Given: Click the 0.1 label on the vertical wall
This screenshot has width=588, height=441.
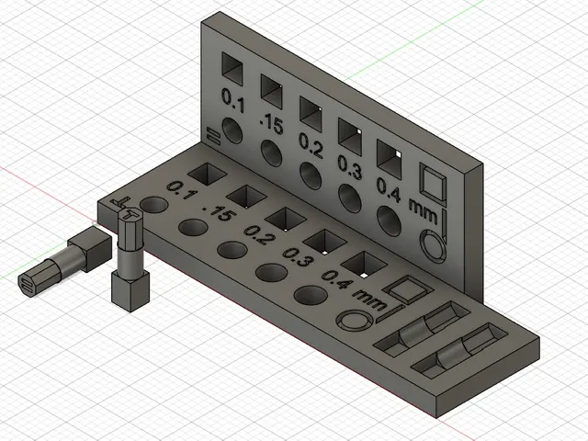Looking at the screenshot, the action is pyautogui.click(x=233, y=100).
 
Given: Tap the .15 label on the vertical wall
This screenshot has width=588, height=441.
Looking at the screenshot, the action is pyautogui.click(x=271, y=123).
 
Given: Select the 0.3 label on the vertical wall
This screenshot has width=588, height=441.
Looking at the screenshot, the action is pyautogui.click(x=349, y=166).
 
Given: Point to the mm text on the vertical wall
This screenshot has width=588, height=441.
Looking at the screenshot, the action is pyautogui.click(x=423, y=211).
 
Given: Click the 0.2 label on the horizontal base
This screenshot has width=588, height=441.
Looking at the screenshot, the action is pyautogui.click(x=259, y=233).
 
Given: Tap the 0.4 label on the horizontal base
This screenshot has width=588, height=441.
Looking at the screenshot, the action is pyautogui.click(x=337, y=279).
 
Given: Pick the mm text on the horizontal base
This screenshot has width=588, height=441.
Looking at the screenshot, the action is pyautogui.click(x=369, y=300).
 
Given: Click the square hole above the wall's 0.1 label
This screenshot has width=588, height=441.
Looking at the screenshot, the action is pyautogui.click(x=232, y=69).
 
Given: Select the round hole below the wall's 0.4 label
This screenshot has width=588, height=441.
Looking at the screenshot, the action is pyautogui.click(x=389, y=221).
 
